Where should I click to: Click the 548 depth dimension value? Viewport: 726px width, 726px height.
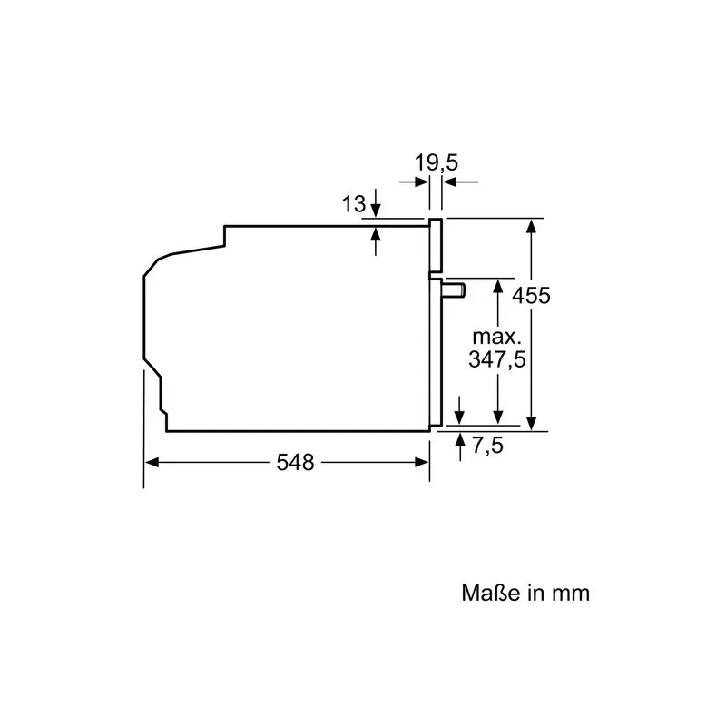click(x=295, y=462)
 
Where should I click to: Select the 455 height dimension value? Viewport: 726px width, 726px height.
click(x=531, y=296)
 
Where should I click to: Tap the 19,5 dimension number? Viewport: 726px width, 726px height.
click(x=437, y=162)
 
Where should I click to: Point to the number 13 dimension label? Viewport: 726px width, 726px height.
click(x=354, y=203)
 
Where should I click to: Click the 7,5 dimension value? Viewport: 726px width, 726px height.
click(x=487, y=446)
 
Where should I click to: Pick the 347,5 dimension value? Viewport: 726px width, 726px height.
click(x=496, y=359)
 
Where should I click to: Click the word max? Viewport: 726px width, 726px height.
click(x=496, y=337)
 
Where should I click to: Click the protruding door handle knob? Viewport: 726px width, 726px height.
click(x=455, y=290)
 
